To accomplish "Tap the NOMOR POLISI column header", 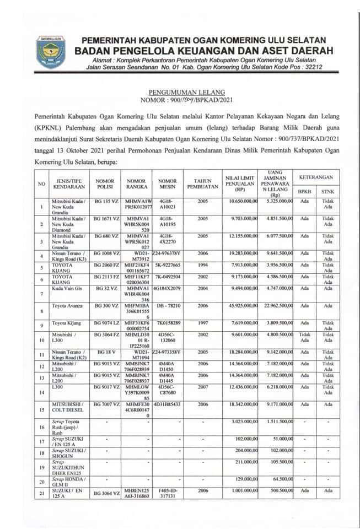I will [105, 183].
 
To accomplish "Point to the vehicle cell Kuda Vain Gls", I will [67, 288].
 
